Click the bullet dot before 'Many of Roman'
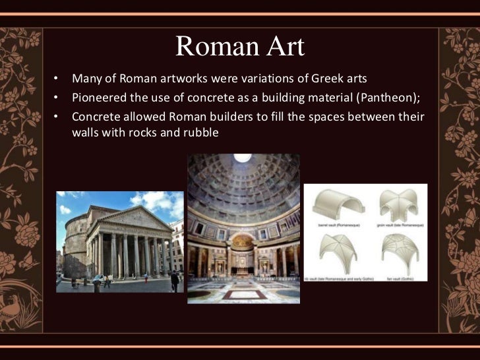coord(57,80)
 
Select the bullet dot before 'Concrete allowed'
coord(57,116)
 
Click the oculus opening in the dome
coord(243,158)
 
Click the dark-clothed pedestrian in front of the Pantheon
coord(174,281)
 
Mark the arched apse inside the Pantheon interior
coord(243,254)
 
